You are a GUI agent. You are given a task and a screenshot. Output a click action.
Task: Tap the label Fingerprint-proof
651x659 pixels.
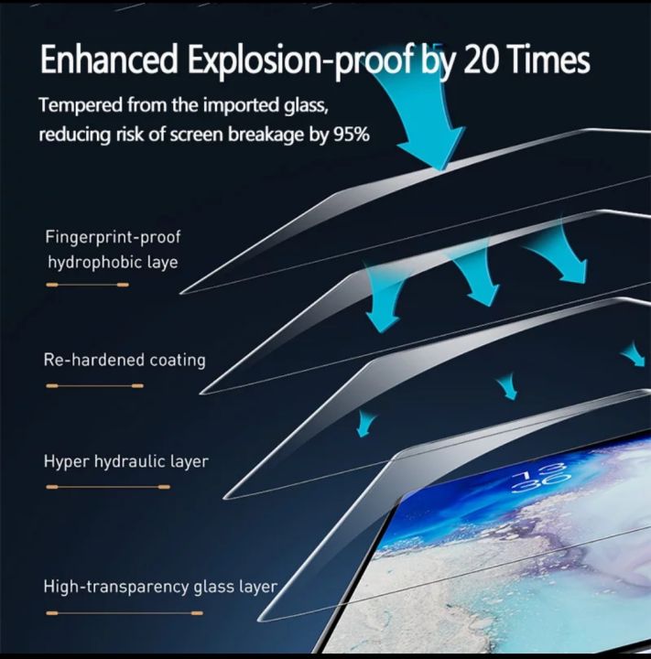pos(113,237)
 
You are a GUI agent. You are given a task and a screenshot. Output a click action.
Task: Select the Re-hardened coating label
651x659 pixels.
pos(125,360)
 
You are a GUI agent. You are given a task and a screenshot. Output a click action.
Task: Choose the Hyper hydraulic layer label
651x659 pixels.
pos(125,461)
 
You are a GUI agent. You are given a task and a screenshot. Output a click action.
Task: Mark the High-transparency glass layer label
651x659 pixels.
pos(160,586)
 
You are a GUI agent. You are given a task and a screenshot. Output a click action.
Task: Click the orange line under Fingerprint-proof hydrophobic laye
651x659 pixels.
pos(87,285)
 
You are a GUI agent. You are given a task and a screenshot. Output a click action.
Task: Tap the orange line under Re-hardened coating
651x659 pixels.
pos(94,386)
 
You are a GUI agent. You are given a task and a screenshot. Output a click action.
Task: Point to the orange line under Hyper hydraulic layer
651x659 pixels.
pos(94,487)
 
